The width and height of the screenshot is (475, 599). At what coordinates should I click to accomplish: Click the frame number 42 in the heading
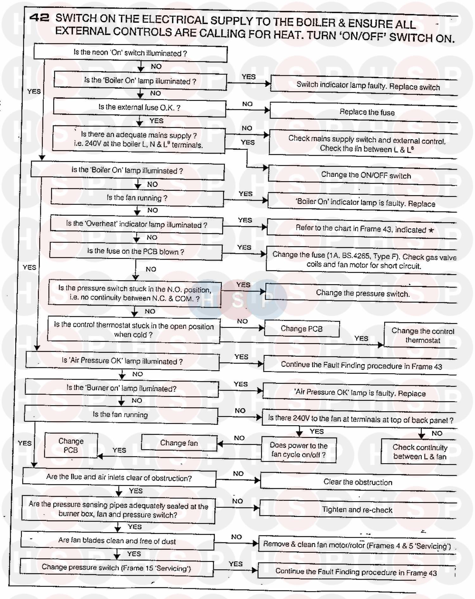(39, 17)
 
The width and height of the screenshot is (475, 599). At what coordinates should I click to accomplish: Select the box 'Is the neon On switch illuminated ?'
(130, 53)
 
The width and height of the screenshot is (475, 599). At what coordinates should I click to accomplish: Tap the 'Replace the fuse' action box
(367, 112)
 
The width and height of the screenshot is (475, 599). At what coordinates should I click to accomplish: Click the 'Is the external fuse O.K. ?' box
(139, 107)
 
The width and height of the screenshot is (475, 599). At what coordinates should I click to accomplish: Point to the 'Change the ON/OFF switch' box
(366, 175)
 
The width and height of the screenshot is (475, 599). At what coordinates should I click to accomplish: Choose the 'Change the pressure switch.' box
(363, 293)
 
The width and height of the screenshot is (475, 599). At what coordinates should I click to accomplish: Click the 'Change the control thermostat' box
(422, 336)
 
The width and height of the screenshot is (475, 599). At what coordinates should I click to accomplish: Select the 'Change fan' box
(179, 443)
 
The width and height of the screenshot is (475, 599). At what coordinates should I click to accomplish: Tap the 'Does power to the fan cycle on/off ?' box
(298, 450)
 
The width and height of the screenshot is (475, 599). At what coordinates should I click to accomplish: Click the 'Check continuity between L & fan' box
(420, 452)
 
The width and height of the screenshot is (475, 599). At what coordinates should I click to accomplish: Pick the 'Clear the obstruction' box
(358, 482)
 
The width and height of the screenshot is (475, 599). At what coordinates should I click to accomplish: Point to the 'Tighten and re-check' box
(357, 510)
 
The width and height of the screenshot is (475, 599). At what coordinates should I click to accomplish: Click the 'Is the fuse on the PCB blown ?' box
(136, 252)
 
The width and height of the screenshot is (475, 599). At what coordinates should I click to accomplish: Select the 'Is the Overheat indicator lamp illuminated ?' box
(136, 224)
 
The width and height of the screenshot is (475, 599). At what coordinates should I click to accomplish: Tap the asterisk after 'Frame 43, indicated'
(431, 230)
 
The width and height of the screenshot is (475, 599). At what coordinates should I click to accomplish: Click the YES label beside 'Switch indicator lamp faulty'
(249, 77)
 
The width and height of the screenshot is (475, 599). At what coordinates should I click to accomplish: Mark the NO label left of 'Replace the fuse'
(247, 104)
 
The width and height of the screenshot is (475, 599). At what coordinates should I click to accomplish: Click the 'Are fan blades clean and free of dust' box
(117, 541)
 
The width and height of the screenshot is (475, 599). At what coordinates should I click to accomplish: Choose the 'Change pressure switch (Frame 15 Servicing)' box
(116, 568)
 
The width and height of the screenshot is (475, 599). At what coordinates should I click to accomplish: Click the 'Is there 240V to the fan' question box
(360, 419)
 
